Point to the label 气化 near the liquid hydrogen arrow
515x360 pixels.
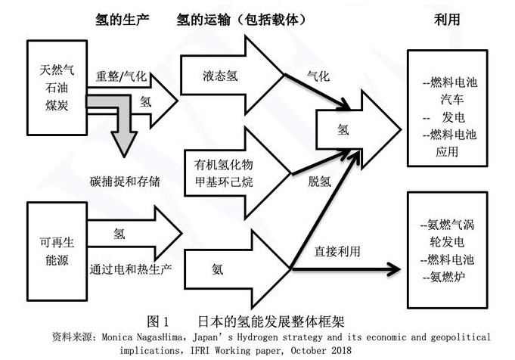(318, 77)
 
